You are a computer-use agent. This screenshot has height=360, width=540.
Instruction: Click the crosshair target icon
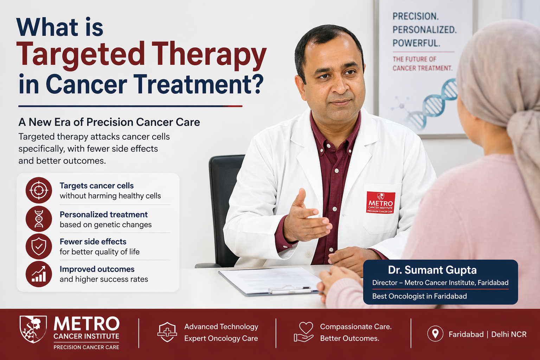tap(39, 190)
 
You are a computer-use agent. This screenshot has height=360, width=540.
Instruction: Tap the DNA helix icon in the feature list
tap(39, 219)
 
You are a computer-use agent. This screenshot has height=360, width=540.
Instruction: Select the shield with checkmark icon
tap(39, 246)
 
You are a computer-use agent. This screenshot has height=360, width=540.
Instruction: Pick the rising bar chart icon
tap(39, 274)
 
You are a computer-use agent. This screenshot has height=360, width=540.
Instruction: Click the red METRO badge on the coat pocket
tap(381, 202)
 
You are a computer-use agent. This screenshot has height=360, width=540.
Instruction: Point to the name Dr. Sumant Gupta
tap(432, 270)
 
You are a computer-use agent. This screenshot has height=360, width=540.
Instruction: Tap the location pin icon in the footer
tap(435, 334)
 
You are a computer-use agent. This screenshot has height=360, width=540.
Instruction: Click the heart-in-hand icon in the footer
tap(304, 332)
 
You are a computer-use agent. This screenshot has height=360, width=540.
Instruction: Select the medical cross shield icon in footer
tap(167, 332)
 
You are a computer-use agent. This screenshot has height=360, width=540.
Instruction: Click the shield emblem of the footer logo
tap(33, 329)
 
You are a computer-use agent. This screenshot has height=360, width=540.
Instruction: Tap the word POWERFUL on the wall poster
tap(416, 43)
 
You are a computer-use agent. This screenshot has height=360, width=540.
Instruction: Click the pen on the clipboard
tap(289, 290)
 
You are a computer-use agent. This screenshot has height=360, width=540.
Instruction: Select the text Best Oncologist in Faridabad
tap(419, 296)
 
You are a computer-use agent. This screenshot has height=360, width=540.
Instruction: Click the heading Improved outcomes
tap(97, 269)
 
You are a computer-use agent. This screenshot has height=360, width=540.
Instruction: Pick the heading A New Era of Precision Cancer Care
tap(109, 122)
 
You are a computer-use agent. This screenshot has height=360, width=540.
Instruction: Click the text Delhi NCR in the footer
tap(509, 334)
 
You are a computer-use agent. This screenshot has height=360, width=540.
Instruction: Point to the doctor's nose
tap(340, 86)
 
